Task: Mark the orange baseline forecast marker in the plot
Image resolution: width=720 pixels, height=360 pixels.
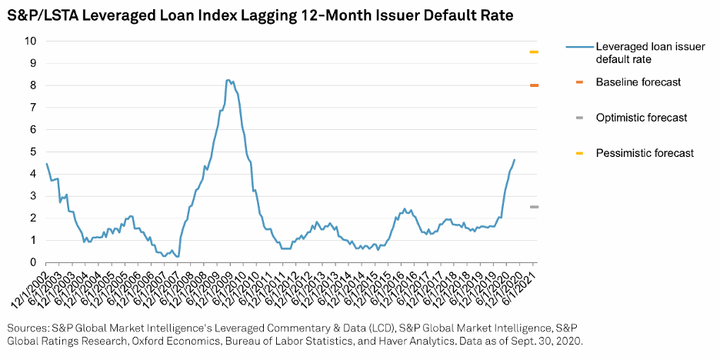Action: (534, 85)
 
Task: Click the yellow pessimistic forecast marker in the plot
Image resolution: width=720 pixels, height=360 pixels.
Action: (534, 52)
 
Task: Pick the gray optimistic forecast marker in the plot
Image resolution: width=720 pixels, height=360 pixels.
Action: (534, 207)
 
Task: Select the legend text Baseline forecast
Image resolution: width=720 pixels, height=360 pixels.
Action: (638, 82)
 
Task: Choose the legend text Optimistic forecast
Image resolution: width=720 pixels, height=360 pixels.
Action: (642, 118)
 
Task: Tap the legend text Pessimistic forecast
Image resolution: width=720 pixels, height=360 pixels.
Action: (645, 153)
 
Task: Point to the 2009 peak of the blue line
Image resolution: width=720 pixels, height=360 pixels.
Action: (228, 80)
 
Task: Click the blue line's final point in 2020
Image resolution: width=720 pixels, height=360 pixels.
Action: (515, 160)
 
